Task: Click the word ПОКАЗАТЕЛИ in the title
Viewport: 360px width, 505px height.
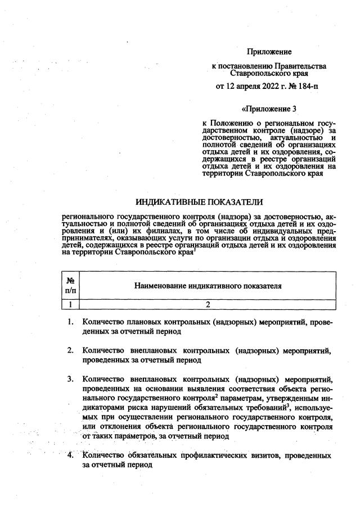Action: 236,201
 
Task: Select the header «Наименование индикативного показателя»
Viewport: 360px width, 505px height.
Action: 208,286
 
